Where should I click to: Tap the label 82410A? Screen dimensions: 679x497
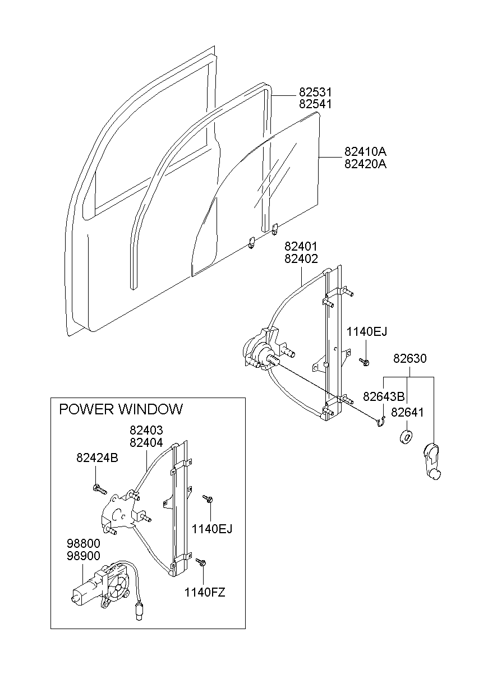[365, 153]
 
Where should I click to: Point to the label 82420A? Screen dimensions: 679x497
[365, 164]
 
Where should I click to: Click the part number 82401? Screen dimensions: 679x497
[301, 247]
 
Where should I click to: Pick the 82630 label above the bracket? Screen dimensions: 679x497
[409, 359]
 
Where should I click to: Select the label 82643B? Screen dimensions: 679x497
[384, 397]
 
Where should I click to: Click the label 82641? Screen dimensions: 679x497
[407, 413]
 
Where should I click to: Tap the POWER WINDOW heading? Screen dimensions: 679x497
[121, 409]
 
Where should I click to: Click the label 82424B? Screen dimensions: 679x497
[97, 458]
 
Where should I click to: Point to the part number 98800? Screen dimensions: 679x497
[83, 544]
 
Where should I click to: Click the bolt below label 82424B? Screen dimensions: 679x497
[99, 489]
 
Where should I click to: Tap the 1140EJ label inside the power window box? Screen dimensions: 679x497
[211, 528]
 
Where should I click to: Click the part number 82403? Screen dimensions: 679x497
[146, 431]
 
